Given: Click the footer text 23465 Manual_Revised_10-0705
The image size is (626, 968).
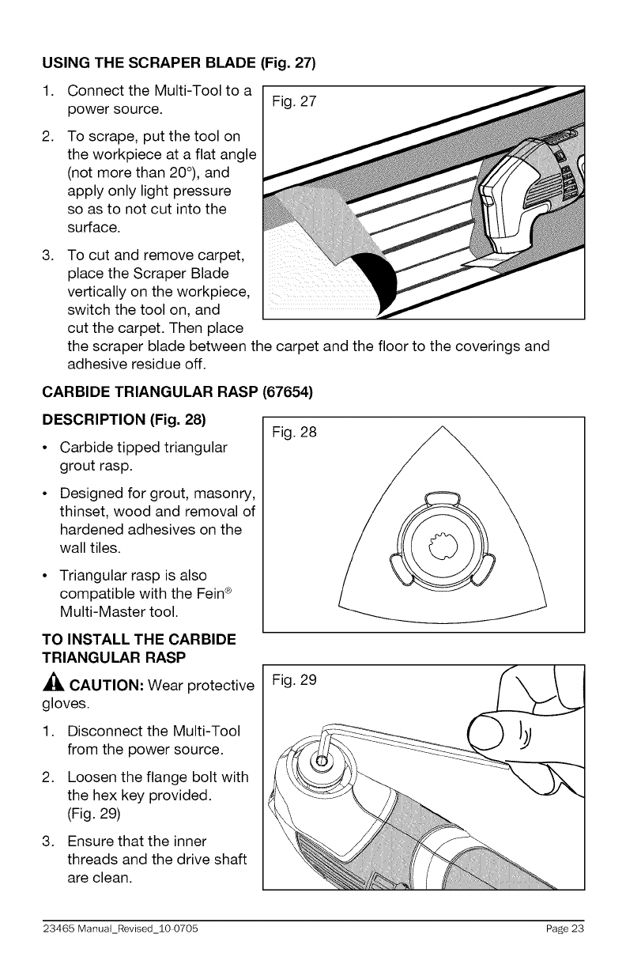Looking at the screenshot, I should click(x=114, y=928).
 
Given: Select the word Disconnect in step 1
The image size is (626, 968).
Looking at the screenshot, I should click(x=105, y=729).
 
